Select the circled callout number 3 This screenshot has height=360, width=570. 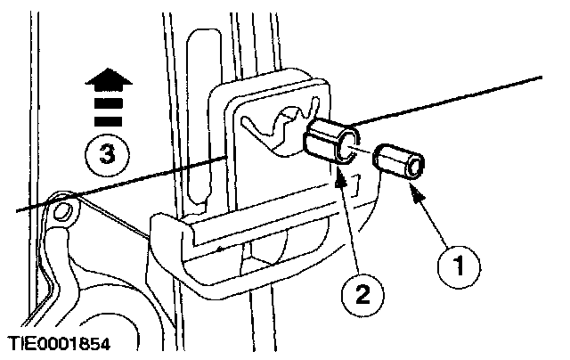click(106, 155)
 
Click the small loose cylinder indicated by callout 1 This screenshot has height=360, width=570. click(400, 163)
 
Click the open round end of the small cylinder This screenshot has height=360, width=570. click(416, 167)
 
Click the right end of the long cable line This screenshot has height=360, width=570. click(540, 78)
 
